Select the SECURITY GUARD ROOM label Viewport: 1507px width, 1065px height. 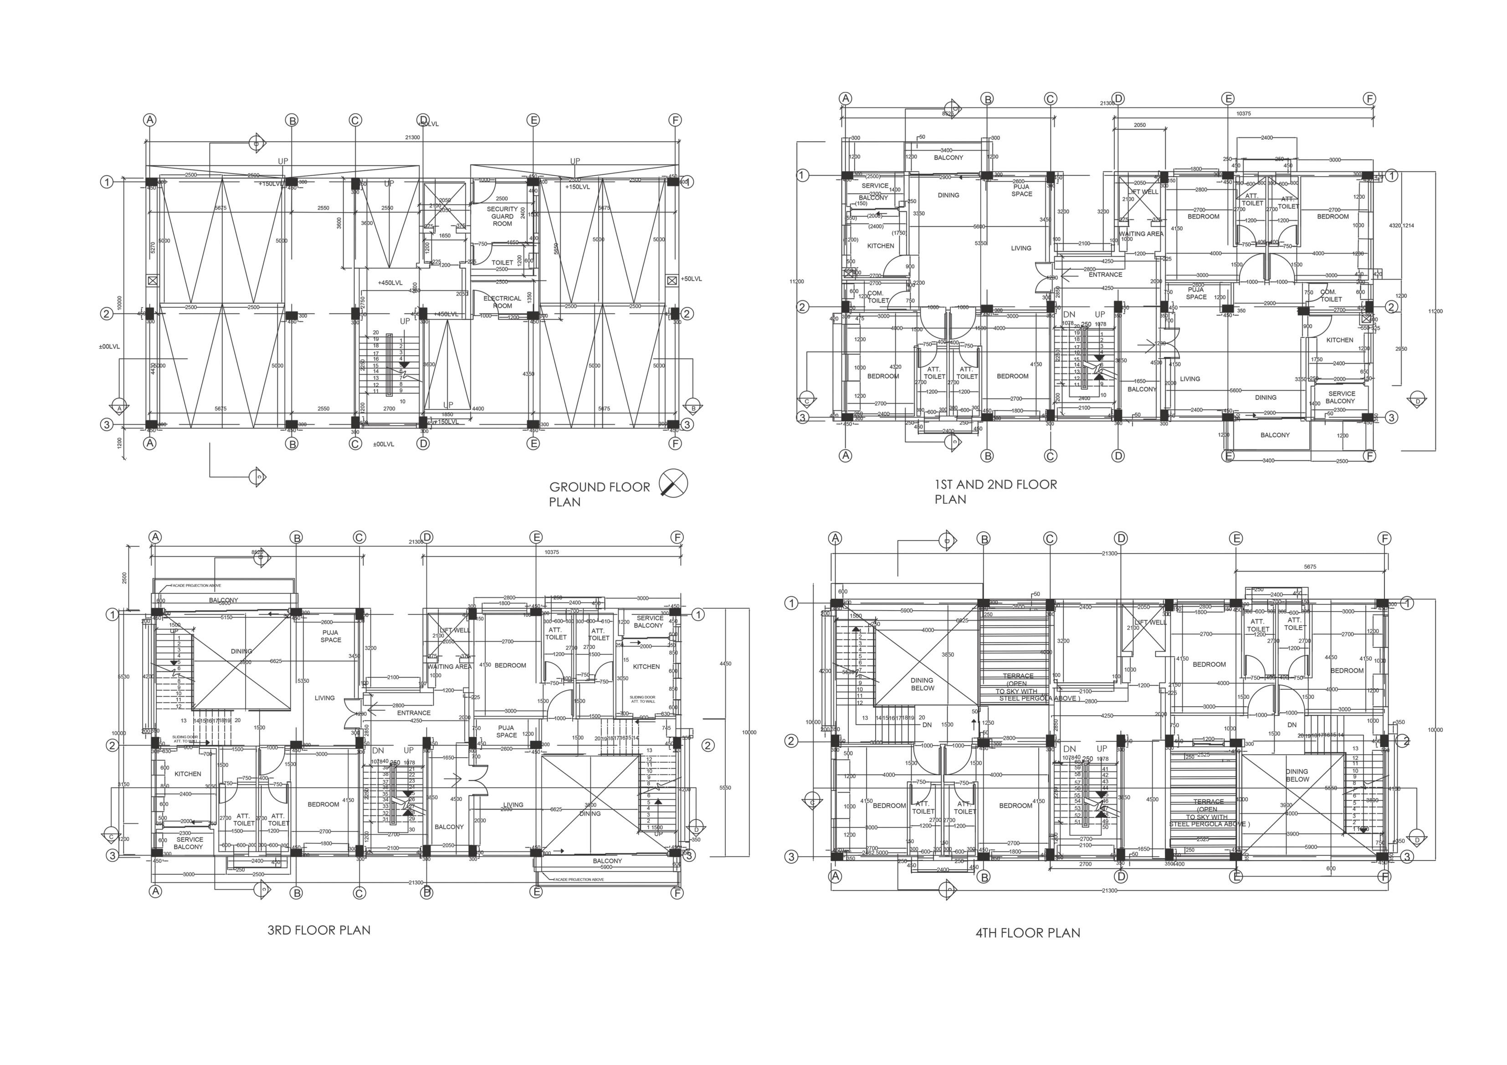point(502,217)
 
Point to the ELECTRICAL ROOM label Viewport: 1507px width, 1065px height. point(502,302)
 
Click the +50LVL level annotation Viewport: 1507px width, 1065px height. point(691,279)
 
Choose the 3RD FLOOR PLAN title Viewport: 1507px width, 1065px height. point(319,930)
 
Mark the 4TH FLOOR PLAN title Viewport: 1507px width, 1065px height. point(1027,933)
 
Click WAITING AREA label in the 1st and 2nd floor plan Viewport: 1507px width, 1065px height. point(1141,234)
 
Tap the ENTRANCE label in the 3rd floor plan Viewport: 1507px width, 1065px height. point(414,713)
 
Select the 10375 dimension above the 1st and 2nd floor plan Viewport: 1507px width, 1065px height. point(1243,113)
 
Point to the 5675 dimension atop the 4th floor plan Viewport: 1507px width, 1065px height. point(1309,566)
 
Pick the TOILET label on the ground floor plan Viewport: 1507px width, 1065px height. point(502,262)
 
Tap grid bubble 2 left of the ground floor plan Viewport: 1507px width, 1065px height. point(106,314)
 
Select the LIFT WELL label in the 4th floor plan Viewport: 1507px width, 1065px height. point(1149,622)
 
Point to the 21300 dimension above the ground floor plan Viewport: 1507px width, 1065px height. point(412,138)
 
